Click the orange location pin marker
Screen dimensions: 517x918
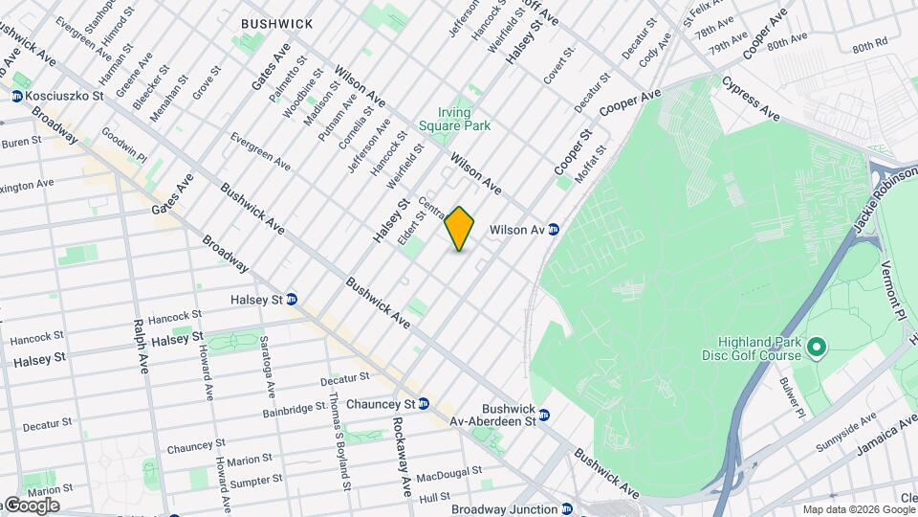coord(460,229)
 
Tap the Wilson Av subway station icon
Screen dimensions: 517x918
coord(554,230)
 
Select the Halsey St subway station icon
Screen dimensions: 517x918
coord(292,299)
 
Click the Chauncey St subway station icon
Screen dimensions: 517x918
coord(423,404)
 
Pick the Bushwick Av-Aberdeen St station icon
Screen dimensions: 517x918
coord(544,416)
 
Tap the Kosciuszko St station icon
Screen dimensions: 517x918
coord(17,96)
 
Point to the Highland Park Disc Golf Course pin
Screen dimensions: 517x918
coord(817,347)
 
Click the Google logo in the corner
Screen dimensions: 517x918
coord(31,506)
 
